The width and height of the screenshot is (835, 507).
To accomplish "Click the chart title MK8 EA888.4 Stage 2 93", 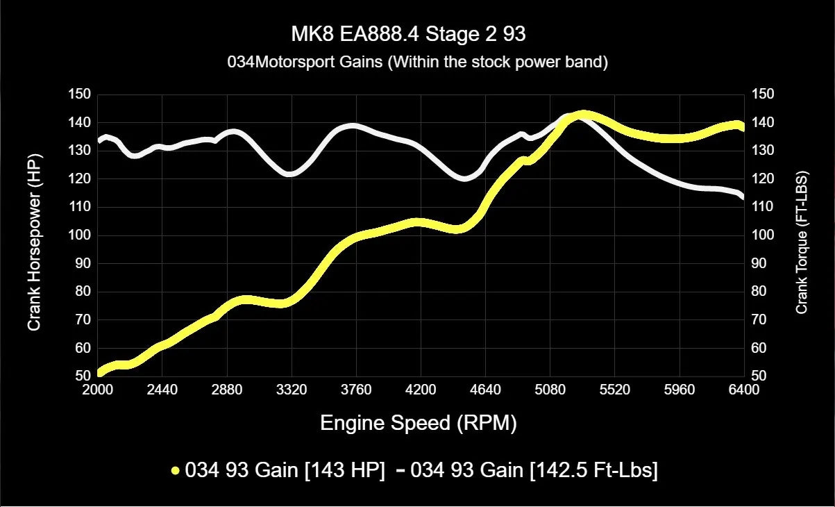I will click(417, 34).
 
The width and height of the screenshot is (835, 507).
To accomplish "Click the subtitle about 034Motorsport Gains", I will click(417, 62).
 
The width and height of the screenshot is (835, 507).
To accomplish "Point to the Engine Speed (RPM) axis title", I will click(418, 423).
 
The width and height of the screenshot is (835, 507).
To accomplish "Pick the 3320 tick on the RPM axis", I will click(292, 390).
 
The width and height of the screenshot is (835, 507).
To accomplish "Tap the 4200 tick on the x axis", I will click(421, 390).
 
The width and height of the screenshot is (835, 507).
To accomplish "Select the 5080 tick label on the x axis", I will click(550, 390).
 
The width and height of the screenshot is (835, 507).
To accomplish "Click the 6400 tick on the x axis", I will click(743, 390).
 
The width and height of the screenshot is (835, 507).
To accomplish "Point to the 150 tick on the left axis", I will click(81, 94).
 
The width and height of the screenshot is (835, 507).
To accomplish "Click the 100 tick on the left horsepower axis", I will click(81, 235).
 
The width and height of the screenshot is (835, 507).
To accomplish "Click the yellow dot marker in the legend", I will click(176, 471).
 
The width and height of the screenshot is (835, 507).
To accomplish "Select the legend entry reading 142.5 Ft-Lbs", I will click(534, 470).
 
